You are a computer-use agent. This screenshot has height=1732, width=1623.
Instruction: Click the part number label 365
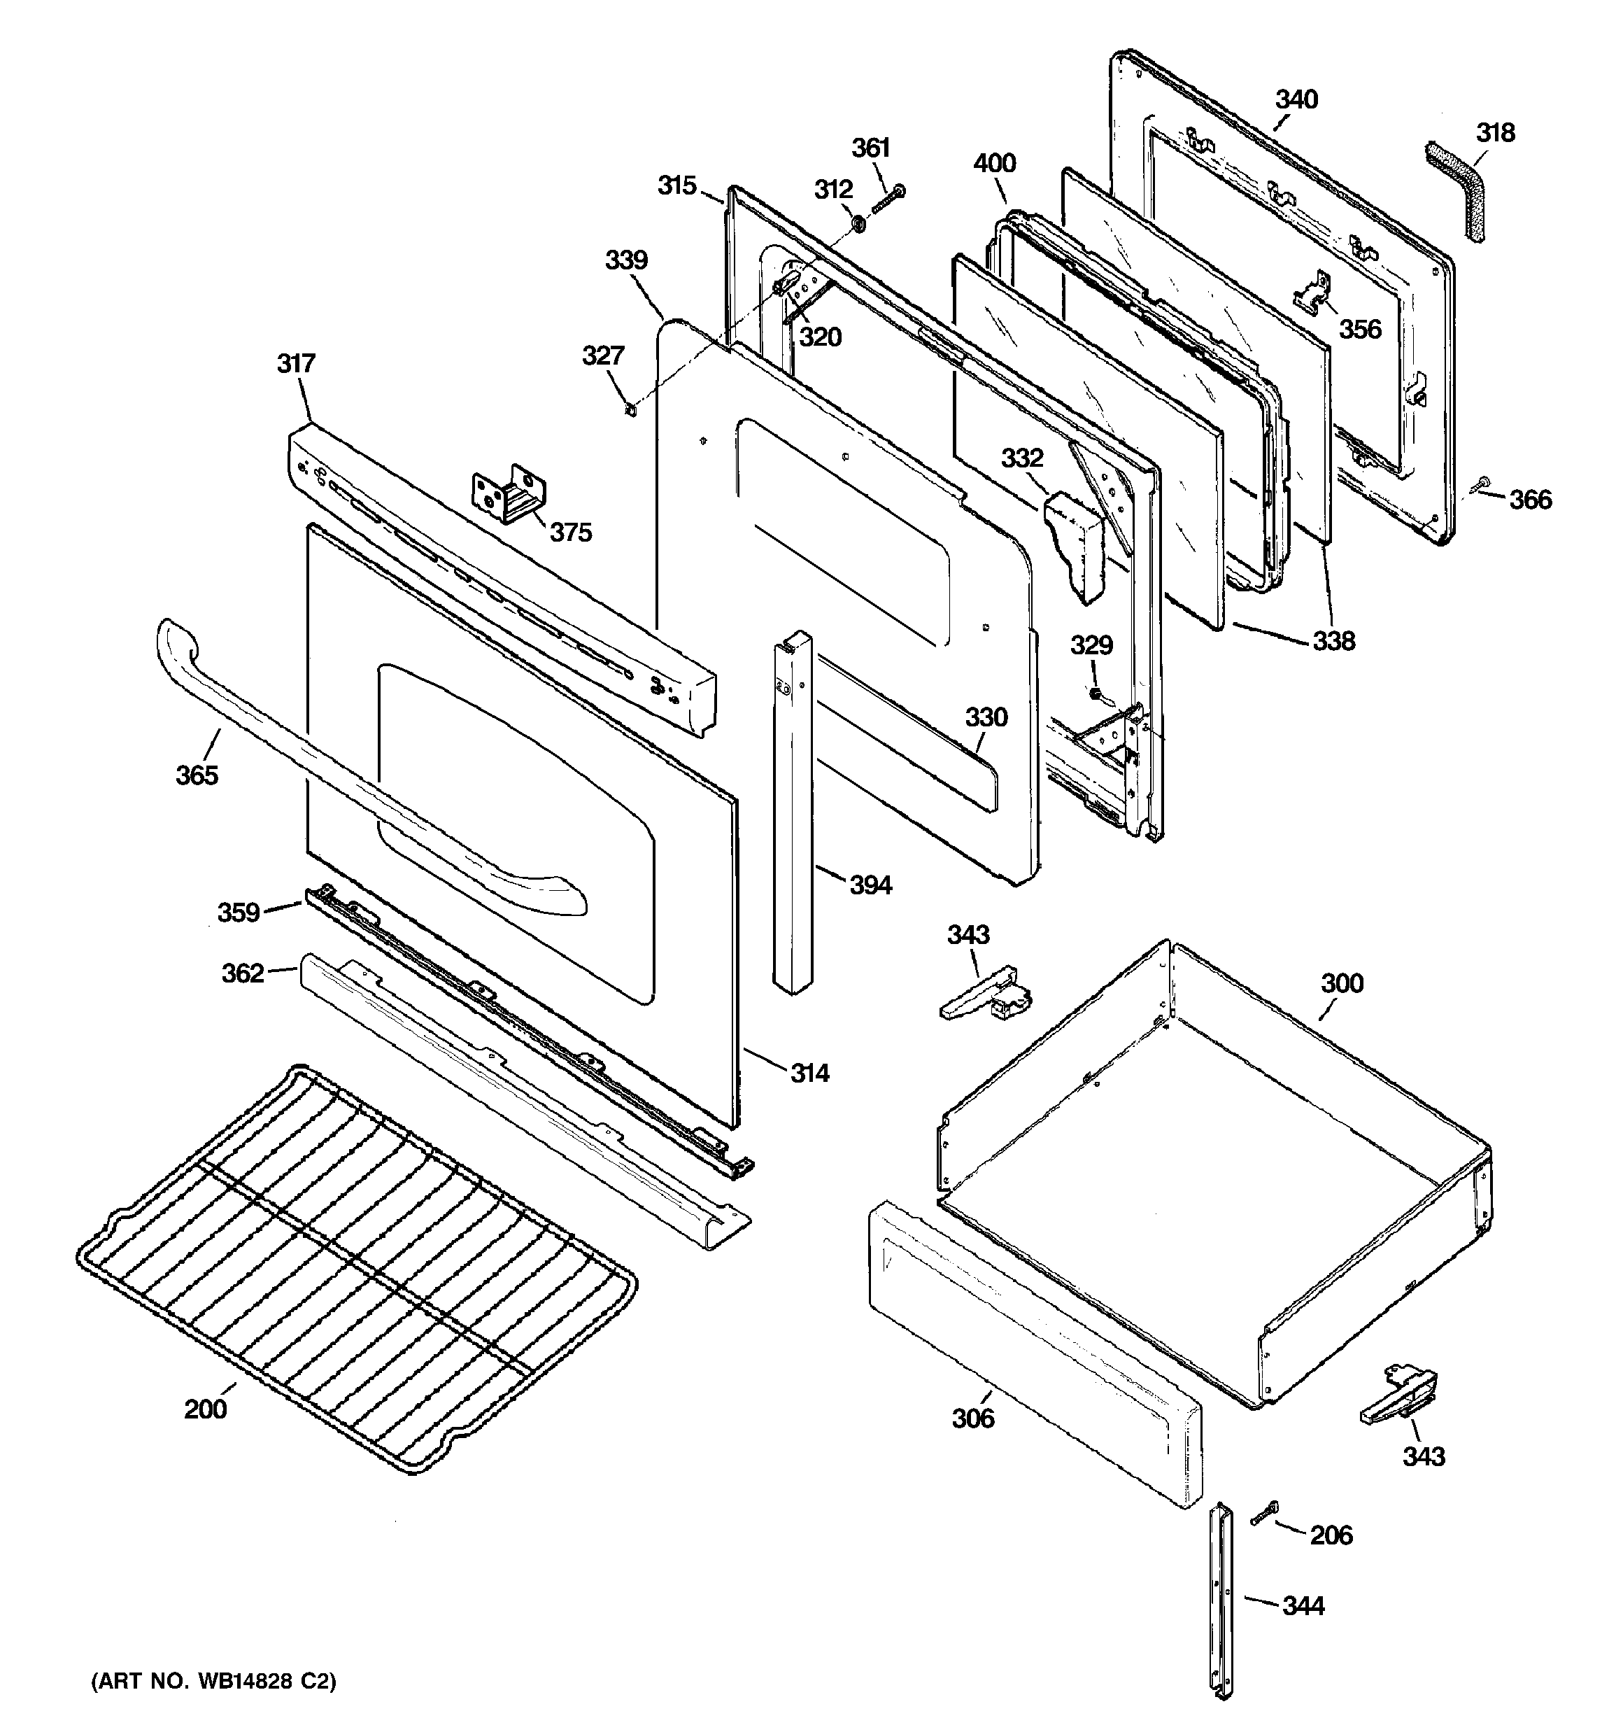point(197,775)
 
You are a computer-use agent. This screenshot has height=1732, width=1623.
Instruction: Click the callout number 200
point(205,1409)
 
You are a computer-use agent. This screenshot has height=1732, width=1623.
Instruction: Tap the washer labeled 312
point(857,225)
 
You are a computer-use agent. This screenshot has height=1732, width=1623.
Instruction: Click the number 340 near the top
point(1296,99)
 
